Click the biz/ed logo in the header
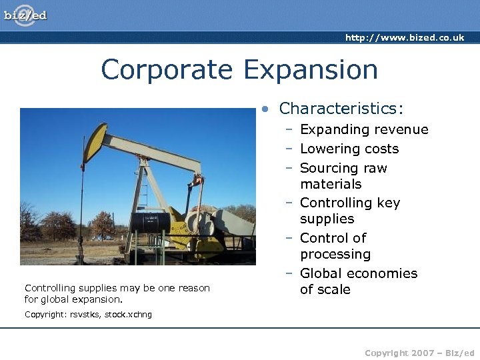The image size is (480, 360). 25,15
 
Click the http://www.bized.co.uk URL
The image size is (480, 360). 405,38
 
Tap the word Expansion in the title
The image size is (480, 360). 311,69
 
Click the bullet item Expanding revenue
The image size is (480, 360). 364,129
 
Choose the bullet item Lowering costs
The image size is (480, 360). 349,149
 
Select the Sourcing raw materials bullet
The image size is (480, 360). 343,176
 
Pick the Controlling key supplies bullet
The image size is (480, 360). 349,211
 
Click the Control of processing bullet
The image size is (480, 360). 335,246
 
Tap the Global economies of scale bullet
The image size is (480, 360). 358,281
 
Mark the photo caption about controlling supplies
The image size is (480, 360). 117,293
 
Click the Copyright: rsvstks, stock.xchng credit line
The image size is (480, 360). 88,315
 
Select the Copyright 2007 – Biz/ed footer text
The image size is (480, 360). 419,353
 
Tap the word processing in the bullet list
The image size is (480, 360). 335,255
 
